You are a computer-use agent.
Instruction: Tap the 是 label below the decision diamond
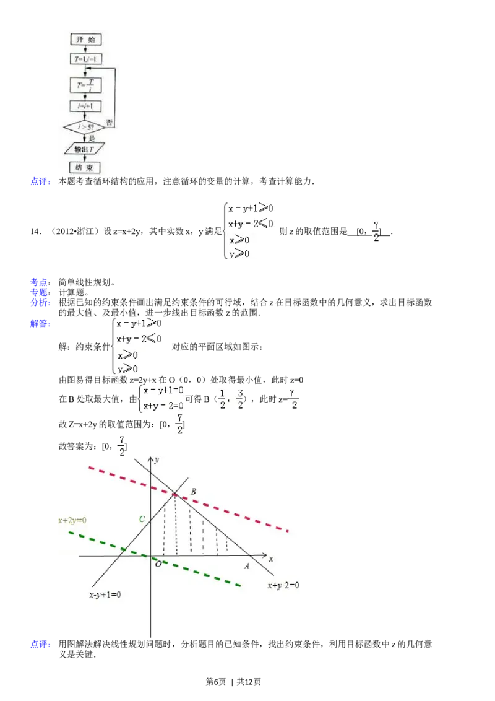coord(92,139)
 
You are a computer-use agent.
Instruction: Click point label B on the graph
coord(194,492)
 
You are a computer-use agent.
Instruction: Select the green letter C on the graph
coord(142,519)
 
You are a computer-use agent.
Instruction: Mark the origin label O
coord(158,564)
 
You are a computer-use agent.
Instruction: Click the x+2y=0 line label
coord(72,520)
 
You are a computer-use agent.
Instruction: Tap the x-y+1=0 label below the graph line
coord(105,594)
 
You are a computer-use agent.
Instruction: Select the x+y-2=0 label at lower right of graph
coord(283,585)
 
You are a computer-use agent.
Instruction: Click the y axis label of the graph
coord(158,459)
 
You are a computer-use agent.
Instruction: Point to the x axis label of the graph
coord(270,559)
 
